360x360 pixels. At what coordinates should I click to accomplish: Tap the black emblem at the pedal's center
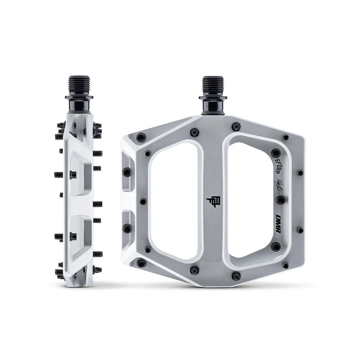click(x=213, y=203)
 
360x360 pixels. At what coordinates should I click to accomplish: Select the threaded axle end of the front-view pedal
click(x=214, y=86)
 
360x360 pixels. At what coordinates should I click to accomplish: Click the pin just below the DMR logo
click(x=276, y=247)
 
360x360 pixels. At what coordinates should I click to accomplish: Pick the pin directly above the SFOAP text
click(x=276, y=152)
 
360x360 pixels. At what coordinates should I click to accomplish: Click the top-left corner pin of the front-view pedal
click(x=140, y=137)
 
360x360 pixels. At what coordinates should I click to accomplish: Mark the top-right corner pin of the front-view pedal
click(x=285, y=137)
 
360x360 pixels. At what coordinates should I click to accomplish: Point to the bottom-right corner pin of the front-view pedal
click(x=285, y=265)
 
